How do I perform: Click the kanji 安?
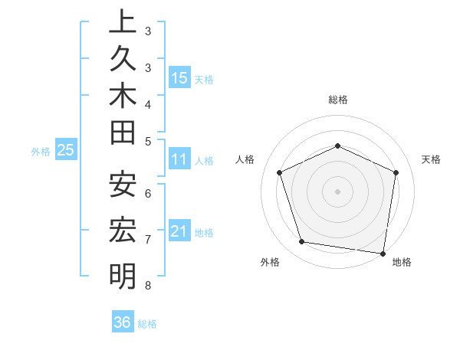(x=123, y=184)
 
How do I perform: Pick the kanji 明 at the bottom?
(x=123, y=275)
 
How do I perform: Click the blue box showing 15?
(x=179, y=77)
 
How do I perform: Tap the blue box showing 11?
(x=179, y=159)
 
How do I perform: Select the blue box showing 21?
(x=179, y=231)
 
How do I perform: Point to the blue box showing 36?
(x=122, y=322)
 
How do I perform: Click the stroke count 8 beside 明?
(x=147, y=286)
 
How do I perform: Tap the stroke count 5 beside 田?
(x=148, y=141)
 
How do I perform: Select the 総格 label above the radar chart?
(x=337, y=100)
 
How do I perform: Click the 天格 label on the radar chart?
(x=431, y=159)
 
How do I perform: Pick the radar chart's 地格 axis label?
(x=402, y=262)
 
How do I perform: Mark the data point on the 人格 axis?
(x=280, y=172)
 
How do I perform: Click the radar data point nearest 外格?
(x=302, y=242)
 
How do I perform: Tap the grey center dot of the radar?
(x=337, y=191)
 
